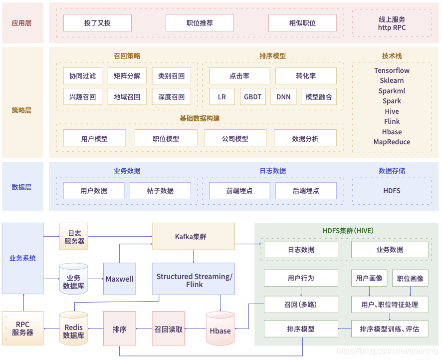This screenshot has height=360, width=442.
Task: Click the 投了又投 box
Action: click(97, 23)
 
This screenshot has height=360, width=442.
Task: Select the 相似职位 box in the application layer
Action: click(302, 23)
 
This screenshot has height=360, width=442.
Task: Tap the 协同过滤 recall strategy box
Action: click(82, 76)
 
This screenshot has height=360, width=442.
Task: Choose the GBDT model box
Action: click(252, 97)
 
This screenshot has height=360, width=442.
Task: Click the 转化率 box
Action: click(306, 76)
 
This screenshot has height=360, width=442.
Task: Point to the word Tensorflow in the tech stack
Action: click(392, 70)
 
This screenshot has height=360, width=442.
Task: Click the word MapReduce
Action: click(392, 142)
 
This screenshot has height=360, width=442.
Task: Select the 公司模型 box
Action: click(235, 138)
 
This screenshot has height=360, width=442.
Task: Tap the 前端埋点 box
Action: click(239, 191)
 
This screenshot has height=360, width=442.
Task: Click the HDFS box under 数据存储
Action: click(392, 191)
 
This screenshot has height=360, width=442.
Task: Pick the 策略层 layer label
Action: click(21, 110)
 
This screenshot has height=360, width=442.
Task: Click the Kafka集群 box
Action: click(193, 236)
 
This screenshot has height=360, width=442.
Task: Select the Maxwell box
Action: click(120, 279)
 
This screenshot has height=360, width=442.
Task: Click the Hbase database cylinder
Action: click(220, 330)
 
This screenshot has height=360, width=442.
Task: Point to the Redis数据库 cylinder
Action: click(73, 330)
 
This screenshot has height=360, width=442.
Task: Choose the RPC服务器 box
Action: click(22, 328)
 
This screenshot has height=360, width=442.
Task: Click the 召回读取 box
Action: click(168, 330)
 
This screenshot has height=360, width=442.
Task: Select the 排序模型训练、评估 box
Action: click(389, 329)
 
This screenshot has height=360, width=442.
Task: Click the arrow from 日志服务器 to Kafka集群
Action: click(120, 236)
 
